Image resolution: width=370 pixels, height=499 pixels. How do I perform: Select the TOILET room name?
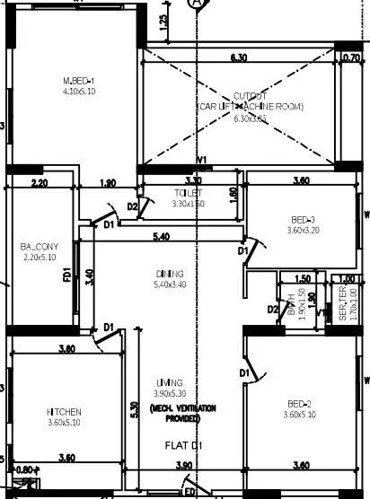click(x=189, y=193)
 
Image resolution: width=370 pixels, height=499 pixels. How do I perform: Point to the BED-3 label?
click(x=303, y=220)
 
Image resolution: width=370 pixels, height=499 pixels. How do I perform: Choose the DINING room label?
click(x=169, y=274)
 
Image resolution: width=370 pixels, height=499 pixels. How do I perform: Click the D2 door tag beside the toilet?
click(x=132, y=206)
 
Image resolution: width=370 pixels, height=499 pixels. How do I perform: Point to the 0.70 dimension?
click(x=351, y=58)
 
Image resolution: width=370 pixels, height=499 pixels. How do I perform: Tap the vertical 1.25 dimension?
click(x=163, y=21)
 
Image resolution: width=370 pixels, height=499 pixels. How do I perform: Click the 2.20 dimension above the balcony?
click(x=39, y=183)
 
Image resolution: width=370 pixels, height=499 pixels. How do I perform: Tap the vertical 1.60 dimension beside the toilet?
click(x=233, y=193)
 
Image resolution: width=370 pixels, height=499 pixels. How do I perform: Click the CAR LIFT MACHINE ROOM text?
click(x=251, y=107)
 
